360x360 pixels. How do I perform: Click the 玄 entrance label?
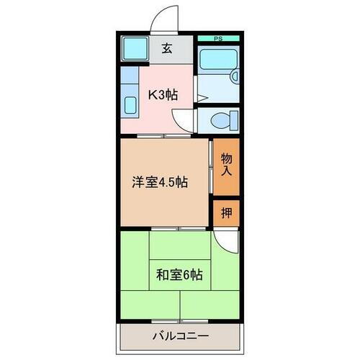tap(167, 49)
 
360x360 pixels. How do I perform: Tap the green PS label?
tap(215, 38)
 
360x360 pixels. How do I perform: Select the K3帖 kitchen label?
tap(164, 94)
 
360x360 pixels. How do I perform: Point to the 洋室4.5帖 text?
tap(159, 183)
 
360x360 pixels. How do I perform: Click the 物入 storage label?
tap(226, 165)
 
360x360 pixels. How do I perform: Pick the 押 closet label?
tap(225, 212)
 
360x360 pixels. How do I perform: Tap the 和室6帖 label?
tap(179, 274)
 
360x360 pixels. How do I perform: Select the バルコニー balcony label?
tap(179, 336)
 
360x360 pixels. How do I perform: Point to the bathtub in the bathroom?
tap(217, 68)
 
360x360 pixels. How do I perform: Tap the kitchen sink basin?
tap(130, 104)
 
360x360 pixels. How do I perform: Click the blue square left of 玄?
tap(133, 50)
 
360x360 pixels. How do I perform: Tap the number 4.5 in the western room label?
tap(170, 183)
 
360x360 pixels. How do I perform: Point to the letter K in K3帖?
tap(153, 94)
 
